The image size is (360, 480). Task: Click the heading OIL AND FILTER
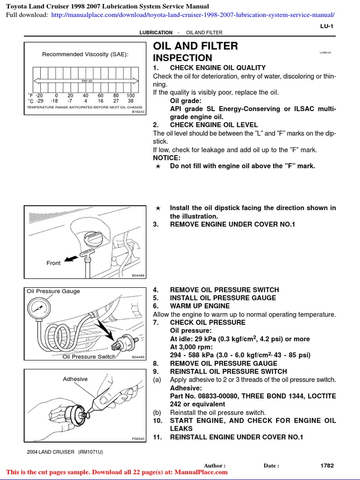(x=195, y=46)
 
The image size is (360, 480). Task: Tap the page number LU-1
(x=326, y=27)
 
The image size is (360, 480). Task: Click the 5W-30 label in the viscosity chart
(x=87, y=81)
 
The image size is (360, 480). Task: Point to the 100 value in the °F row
(x=130, y=95)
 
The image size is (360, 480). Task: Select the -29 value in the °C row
(x=39, y=101)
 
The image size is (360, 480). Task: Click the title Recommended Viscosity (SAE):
(x=85, y=54)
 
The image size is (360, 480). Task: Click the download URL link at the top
(x=193, y=15)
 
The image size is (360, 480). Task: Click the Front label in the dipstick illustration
(x=53, y=263)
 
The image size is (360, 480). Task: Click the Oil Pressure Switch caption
(x=89, y=357)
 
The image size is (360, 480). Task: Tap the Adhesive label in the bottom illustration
(x=75, y=379)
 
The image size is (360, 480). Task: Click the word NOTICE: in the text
(x=166, y=158)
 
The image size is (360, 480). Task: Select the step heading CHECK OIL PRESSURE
(x=207, y=322)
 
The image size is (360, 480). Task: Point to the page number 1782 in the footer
(x=327, y=465)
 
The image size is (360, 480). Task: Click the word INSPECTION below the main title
(x=183, y=58)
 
